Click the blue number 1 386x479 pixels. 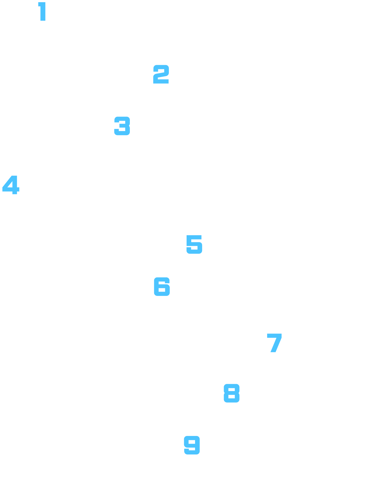click(x=42, y=11)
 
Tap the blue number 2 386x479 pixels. click(x=161, y=74)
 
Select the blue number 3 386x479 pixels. click(x=122, y=126)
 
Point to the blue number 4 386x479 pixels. click(x=11, y=185)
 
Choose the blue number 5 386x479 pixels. click(x=194, y=244)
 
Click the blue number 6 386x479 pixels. click(x=162, y=286)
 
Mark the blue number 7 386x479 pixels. click(x=274, y=343)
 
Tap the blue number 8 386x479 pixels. click(x=232, y=393)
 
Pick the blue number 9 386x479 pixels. click(x=192, y=445)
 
